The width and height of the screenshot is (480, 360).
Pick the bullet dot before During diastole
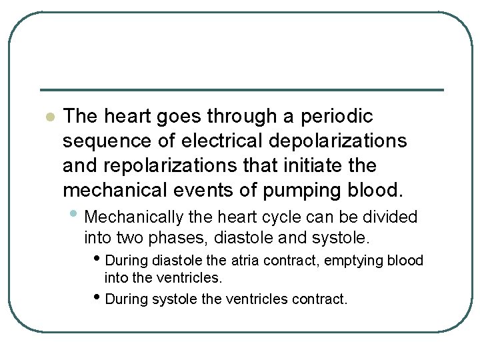tap(99, 258)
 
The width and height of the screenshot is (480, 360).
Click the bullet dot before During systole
tap(99, 297)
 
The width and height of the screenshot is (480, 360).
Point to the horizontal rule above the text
tap(241, 90)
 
